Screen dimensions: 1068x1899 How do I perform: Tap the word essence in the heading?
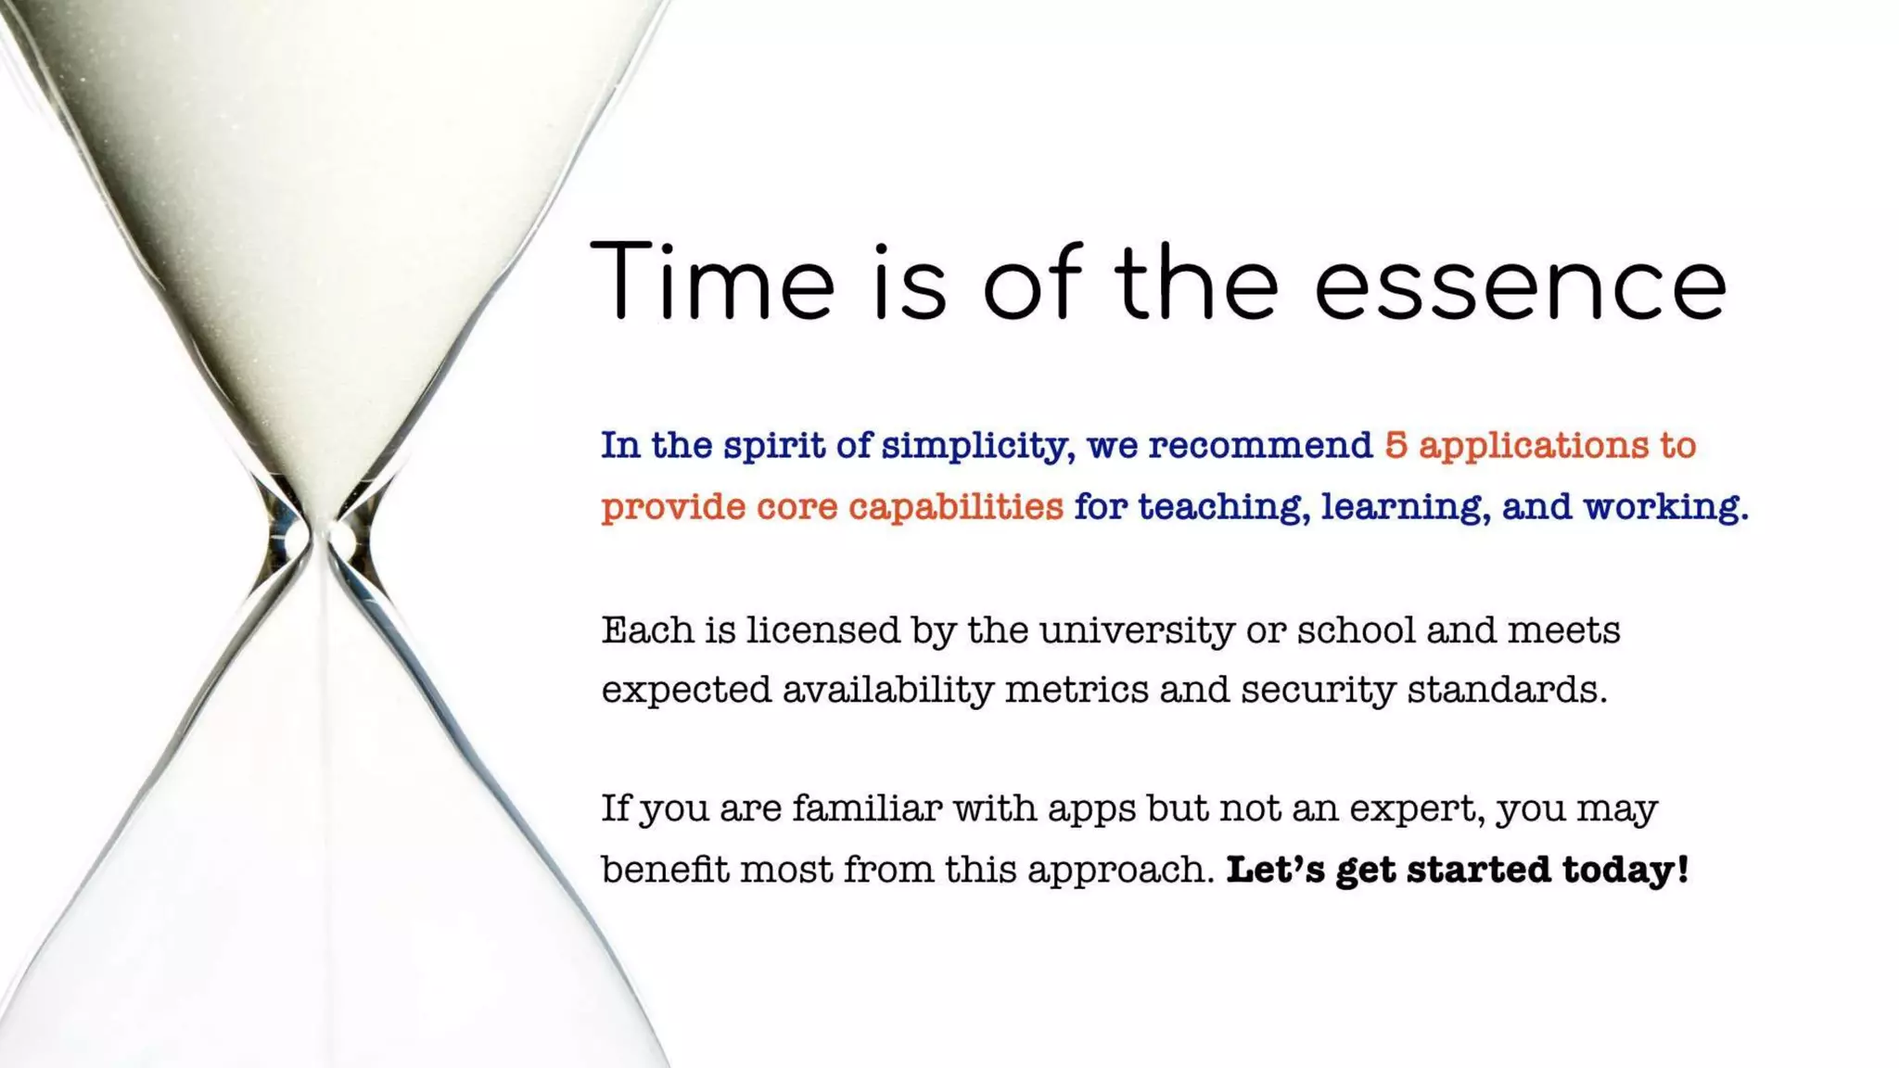tap(1521, 283)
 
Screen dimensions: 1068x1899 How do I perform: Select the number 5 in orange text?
tap(1396, 445)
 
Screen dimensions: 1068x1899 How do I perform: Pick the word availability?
tap(887, 691)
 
